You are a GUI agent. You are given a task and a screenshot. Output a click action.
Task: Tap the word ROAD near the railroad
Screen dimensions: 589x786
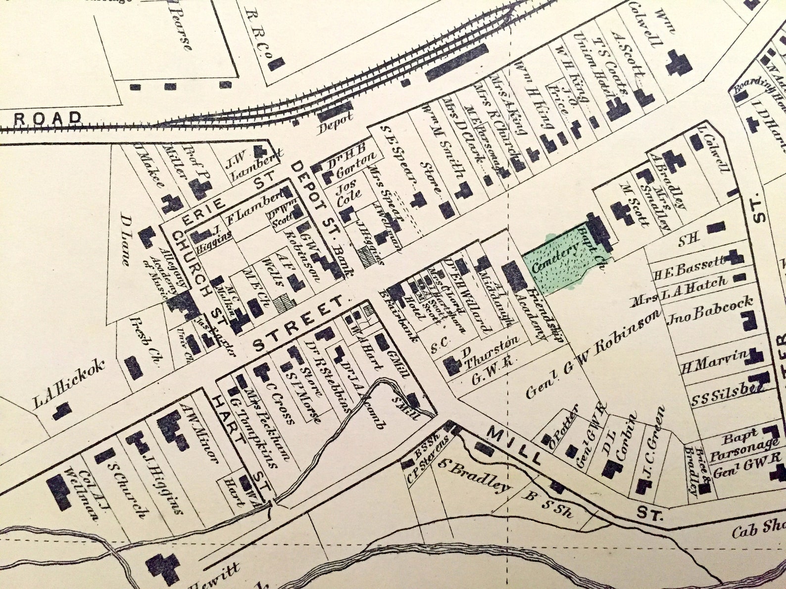point(48,119)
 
